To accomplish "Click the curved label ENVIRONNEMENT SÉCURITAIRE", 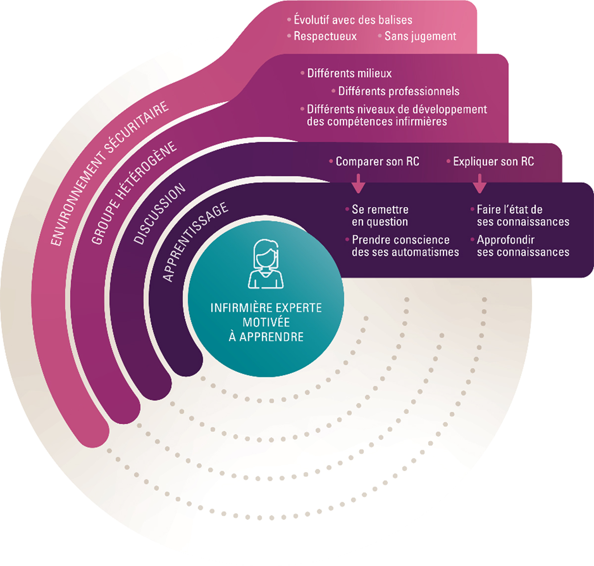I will pos(109,173).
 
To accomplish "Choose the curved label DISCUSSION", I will pos(159,214).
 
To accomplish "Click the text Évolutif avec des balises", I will pos(352,20).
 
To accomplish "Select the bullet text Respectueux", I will pos(325,36).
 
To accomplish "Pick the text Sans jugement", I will pos(420,36).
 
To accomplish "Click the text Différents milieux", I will pos(349,73).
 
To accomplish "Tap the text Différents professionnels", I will pos(398,91).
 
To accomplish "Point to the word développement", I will pos(450,109).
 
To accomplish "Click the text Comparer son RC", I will pos(377,162).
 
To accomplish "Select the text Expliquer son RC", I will pos(493,162).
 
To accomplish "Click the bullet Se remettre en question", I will pos(380,216).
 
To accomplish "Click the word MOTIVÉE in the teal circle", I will pos(266,322).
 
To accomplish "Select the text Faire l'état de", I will pos(509,210).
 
